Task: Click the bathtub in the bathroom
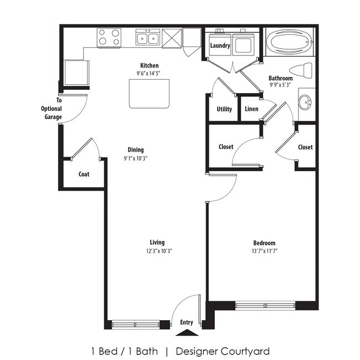(x=290, y=42)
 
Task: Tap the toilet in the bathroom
(x=302, y=71)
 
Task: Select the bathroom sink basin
(x=305, y=103)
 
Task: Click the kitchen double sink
(x=148, y=38)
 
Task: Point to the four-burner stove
(x=109, y=38)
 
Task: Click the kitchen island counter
(x=148, y=93)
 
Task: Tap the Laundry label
(x=220, y=46)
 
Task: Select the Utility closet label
(x=224, y=109)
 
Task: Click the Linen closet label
(x=251, y=109)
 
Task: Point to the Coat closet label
(x=84, y=174)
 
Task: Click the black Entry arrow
(x=187, y=332)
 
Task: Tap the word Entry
(x=187, y=322)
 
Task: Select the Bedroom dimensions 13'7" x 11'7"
(x=264, y=251)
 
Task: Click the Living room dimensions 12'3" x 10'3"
(x=157, y=251)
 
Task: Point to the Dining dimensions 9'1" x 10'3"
(x=136, y=158)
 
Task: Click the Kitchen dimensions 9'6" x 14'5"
(x=149, y=73)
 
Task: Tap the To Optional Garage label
(x=52, y=109)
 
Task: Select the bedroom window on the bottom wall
(x=265, y=305)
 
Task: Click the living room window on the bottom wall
(x=136, y=325)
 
